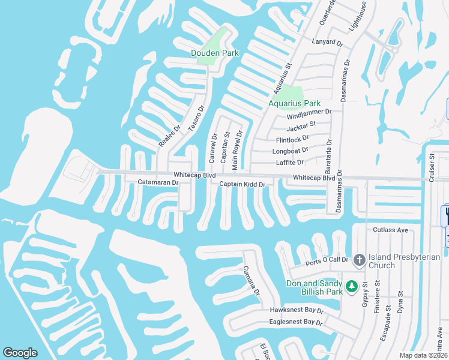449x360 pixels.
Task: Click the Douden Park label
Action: [215, 53]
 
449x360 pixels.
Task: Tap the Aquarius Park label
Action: [294, 103]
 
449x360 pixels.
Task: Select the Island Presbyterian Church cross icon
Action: [359, 260]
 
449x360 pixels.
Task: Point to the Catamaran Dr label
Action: [156, 182]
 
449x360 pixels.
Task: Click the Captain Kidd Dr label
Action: [242, 184]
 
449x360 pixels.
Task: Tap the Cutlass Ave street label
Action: [390, 230]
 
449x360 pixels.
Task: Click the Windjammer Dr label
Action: [309, 112]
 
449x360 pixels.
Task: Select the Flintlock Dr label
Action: [292, 139]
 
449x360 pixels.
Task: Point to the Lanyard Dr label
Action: [327, 43]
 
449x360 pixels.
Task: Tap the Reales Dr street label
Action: [169, 136]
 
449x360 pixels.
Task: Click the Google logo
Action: [20, 353]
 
